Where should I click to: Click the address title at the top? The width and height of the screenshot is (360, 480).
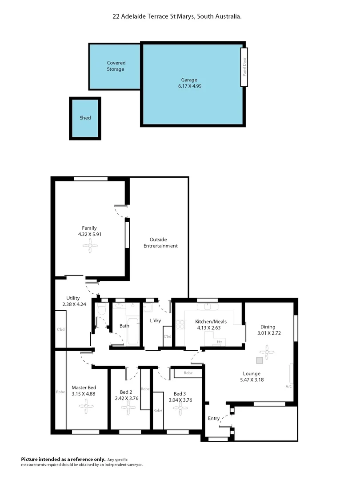pos(177,16)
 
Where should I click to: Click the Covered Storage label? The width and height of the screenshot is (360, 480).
pos(116,66)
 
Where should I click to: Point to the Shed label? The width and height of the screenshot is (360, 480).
pos(85,118)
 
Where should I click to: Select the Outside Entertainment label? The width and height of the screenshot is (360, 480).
pos(160,243)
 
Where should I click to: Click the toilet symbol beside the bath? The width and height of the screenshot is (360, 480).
pos(101,309)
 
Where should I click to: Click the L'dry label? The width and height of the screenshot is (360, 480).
pos(155,320)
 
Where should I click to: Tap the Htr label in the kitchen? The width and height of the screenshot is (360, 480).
pos(220,342)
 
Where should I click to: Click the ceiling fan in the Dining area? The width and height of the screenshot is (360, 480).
pos(267,353)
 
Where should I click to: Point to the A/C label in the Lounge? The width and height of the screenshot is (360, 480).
pos(289,387)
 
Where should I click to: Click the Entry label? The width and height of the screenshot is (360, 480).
pos(214,418)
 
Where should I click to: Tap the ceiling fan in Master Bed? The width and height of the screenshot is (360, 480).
pos(84,405)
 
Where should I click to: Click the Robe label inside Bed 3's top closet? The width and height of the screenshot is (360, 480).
pos(188,373)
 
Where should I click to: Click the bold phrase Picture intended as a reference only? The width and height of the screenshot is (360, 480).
pos(64,459)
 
